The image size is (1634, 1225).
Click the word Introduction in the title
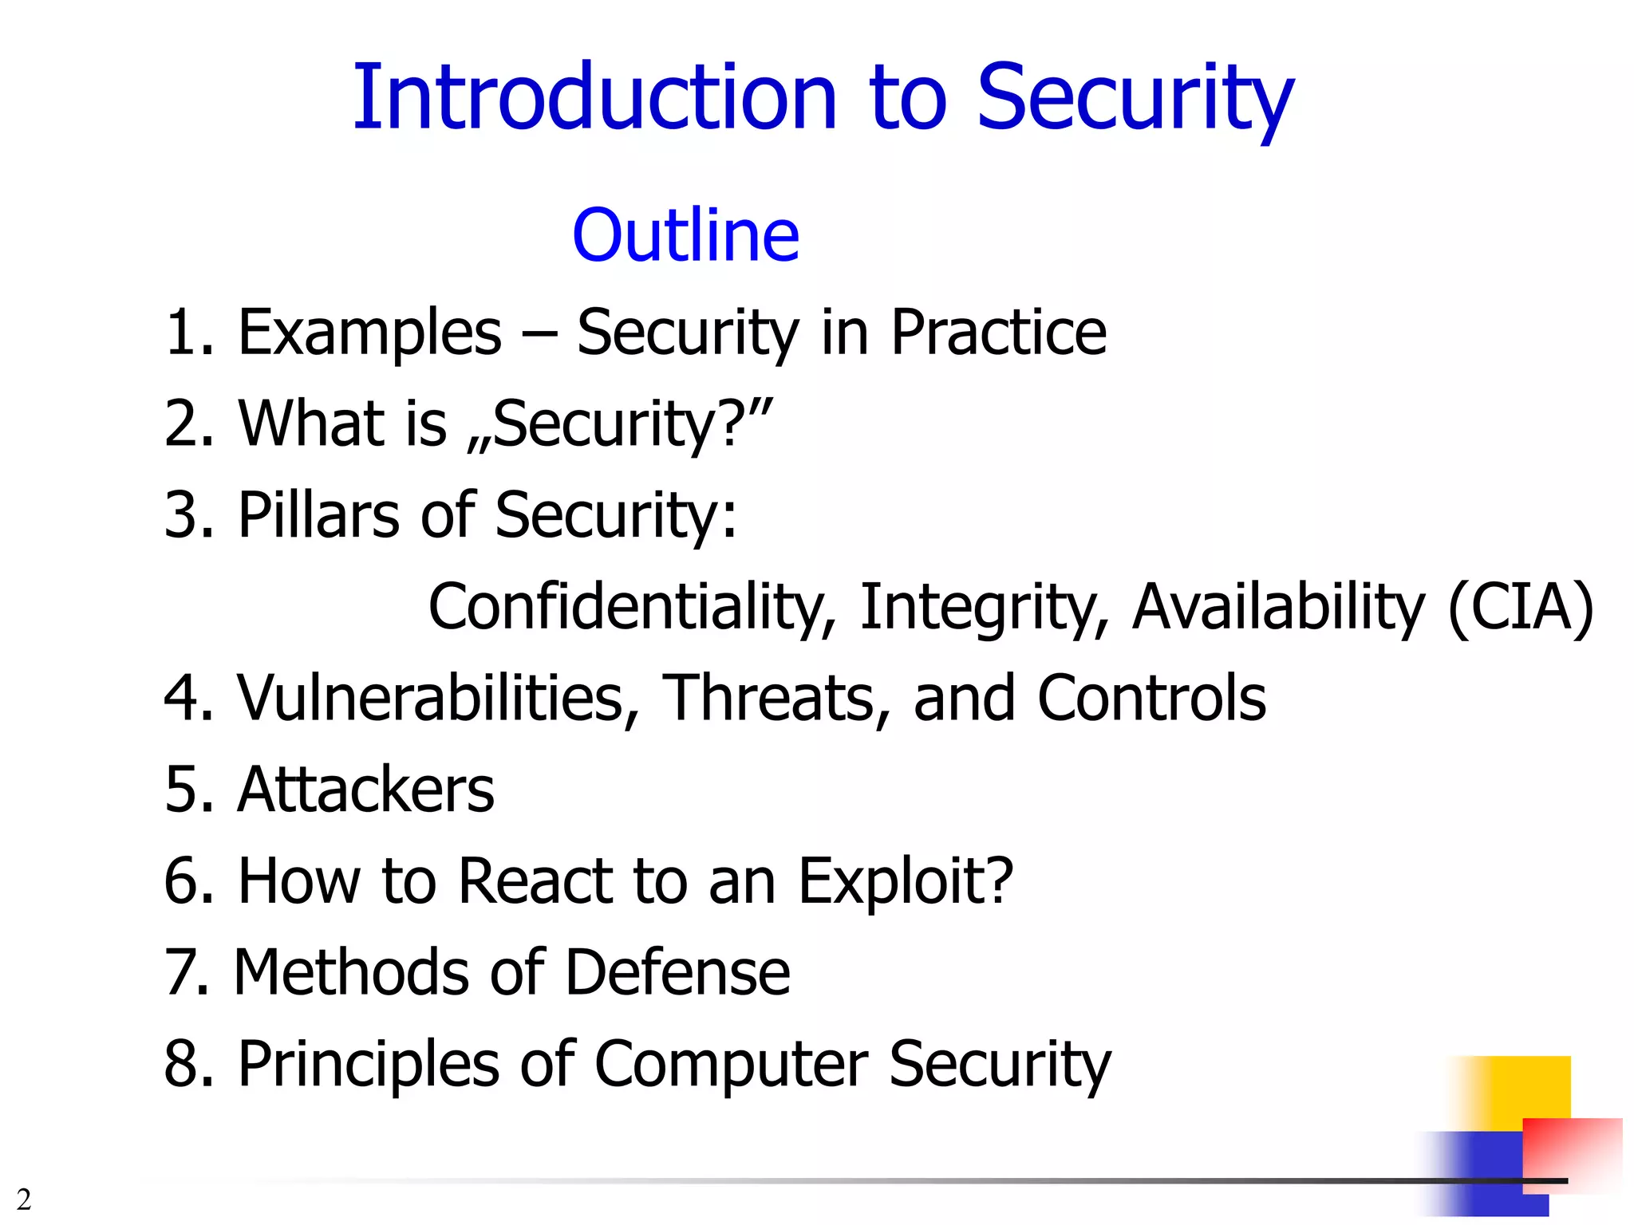point(594,98)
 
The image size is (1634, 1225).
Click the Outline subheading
point(685,236)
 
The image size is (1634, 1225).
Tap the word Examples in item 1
point(369,333)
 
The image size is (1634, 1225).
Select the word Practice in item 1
point(998,333)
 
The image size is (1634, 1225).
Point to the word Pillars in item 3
point(318,515)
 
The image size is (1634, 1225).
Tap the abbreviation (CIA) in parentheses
point(1521,607)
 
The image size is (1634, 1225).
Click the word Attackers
point(365,790)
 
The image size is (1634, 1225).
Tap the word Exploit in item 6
point(905,881)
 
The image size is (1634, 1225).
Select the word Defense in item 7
point(677,973)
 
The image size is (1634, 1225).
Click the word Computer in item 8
point(731,1065)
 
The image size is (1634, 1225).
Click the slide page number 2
point(24,1199)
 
